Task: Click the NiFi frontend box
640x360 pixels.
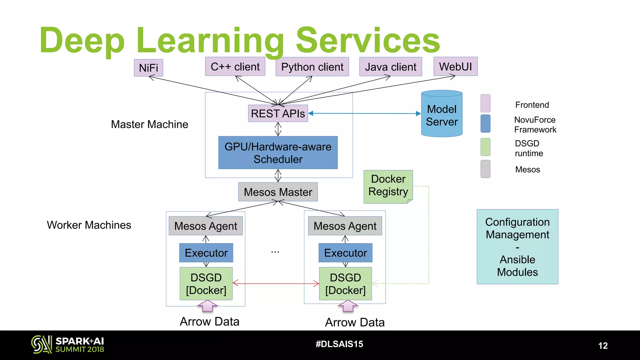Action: [148, 68]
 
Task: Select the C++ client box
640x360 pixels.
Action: [235, 67]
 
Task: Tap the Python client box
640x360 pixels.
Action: [312, 67]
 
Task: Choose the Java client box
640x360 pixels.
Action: [390, 67]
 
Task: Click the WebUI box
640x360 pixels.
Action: [455, 67]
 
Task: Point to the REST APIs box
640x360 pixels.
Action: [278, 113]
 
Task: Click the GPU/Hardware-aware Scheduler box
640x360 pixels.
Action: [278, 153]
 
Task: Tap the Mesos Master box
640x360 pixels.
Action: [278, 192]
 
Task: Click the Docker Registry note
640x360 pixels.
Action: [388, 186]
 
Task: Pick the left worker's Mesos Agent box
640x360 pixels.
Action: [206, 226]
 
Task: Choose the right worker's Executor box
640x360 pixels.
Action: [345, 253]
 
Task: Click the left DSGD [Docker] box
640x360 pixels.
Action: [206, 284]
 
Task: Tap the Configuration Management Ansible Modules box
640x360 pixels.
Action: [517, 247]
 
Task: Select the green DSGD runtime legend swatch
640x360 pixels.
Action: [485, 147]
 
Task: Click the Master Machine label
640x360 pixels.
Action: [149, 124]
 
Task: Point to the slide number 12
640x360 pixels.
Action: [603, 346]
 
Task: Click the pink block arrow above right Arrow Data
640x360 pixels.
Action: [347, 306]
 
